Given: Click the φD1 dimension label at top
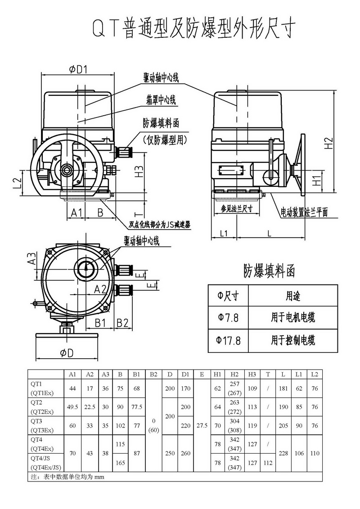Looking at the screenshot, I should [x=78, y=69].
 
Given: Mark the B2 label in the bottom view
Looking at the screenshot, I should [x=122, y=322].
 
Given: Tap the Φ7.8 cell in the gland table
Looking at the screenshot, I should [x=228, y=318].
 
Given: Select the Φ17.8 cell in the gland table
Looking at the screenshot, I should [x=228, y=341].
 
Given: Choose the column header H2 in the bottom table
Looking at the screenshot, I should [x=234, y=374].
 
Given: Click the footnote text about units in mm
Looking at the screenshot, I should [x=67, y=476].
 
